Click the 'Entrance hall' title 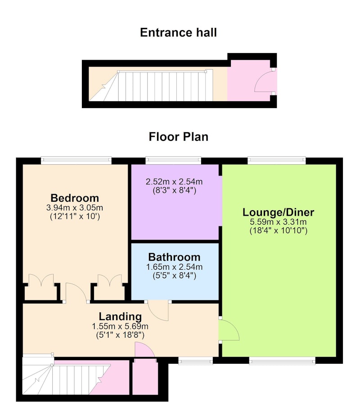click(x=178, y=32)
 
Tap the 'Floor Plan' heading click(x=179, y=137)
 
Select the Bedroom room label click(x=75, y=198)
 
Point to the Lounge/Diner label click(x=278, y=212)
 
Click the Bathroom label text click(x=174, y=257)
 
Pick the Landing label click(x=120, y=316)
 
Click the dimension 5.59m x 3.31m click(x=278, y=222)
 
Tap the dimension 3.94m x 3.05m click(x=75, y=208)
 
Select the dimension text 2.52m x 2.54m click(x=174, y=182)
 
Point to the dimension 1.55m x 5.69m click(x=120, y=327)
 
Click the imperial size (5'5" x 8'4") click(x=174, y=276)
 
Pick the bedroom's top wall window click(x=76, y=160)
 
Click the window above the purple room click(x=173, y=160)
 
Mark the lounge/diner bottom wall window click(x=282, y=361)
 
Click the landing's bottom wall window click(x=196, y=361)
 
